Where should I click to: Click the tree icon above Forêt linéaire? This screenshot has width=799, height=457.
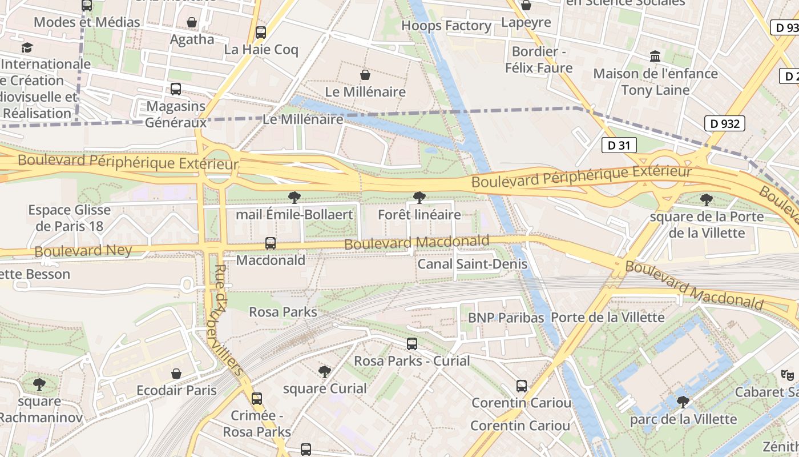[419, 198]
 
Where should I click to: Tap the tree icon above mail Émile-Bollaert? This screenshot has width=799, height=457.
[294, 198]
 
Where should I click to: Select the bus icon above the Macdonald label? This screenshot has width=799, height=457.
[271, 243]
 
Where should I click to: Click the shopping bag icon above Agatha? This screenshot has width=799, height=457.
[192, 22]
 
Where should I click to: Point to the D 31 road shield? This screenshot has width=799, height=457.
[619, 145]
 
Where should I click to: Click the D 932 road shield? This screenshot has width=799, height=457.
[725, 123]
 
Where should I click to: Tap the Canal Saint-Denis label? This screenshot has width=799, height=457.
[472, 264]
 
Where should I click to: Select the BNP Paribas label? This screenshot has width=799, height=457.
[506, 318]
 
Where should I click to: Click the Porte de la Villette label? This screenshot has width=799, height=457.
[608, 317]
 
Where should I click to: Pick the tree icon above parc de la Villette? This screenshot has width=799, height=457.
[683, 402]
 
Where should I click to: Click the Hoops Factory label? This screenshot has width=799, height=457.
[446, 26]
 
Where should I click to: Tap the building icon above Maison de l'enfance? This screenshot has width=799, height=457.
[655, 57]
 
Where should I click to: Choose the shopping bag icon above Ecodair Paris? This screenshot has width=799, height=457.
[176, 374]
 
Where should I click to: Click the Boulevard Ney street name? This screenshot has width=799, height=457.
[83, 251]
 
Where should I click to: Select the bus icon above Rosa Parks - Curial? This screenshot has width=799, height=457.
[411, 344]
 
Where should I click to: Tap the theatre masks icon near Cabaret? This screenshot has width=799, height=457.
[787, 375]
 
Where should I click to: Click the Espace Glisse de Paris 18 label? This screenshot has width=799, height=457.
[69, 218]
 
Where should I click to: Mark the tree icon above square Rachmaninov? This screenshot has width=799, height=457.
[39, 384]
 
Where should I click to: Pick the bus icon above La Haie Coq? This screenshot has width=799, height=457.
[261, 33]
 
